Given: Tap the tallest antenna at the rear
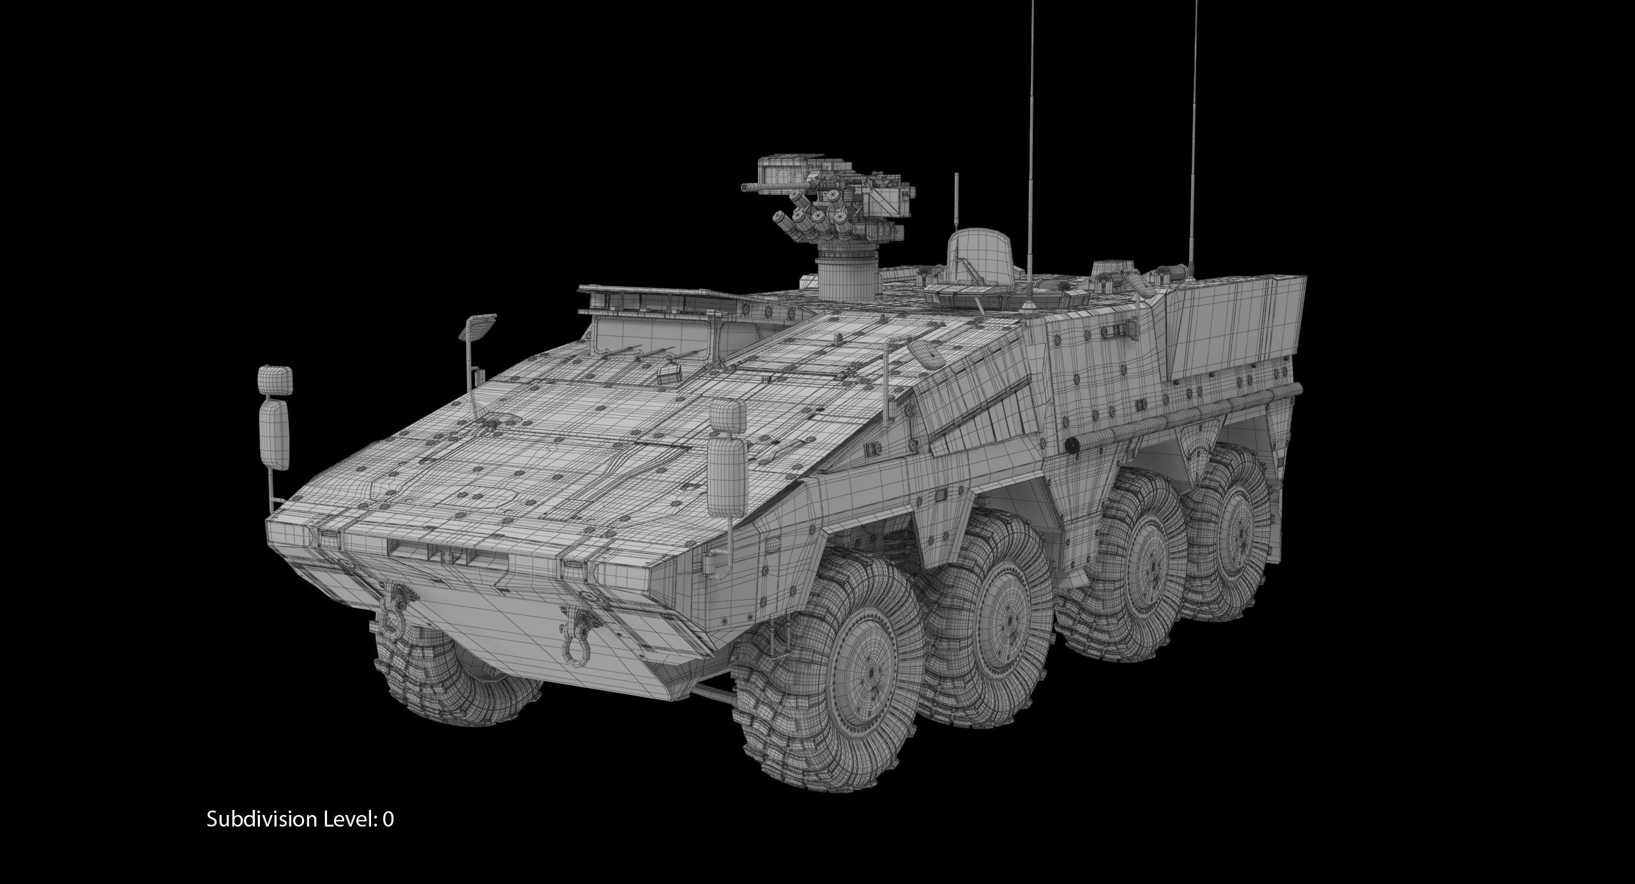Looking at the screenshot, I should point(1192,128).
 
